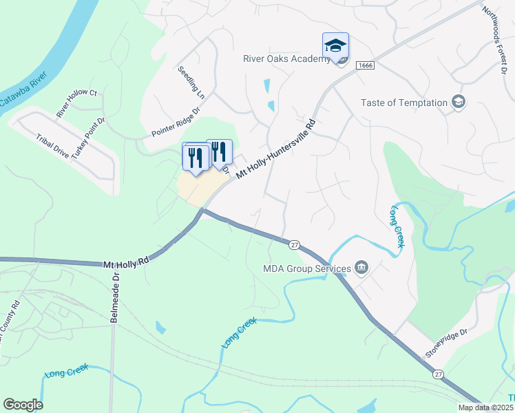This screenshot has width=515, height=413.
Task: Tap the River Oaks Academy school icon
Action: pos(335,45)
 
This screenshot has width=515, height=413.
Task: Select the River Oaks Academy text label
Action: pos(287,59)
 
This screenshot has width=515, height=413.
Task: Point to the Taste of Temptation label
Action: pos(404,103)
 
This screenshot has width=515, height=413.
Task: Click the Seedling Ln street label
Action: pos(191,80)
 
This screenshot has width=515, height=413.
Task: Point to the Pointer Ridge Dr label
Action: pos(176,122)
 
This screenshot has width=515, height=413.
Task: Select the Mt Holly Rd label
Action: pos(127,262)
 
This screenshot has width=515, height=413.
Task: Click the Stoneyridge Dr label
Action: pos(446,343)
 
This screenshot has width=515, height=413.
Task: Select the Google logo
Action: pos(23,405)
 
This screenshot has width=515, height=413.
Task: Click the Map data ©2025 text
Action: pos(485,407)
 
